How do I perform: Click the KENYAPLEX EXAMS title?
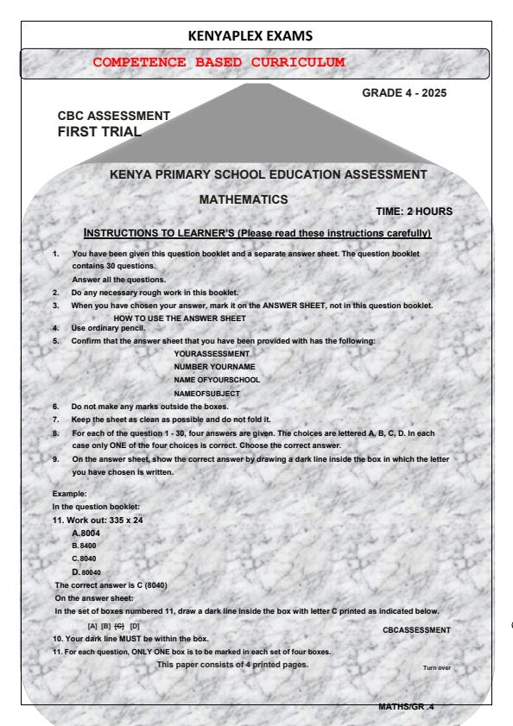pyautogui.click(x=256, y=35)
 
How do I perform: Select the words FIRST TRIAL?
pyautogui.click(x=98, y=131)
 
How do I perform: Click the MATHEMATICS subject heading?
pyautogui.click(x=244, y=199)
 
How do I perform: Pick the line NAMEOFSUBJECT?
pyautogui.click(x=206, y=393)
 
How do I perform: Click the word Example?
pyautogui.click(x=68, y=493)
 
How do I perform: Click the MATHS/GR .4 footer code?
pyautogui.click(x=406, y=707)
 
